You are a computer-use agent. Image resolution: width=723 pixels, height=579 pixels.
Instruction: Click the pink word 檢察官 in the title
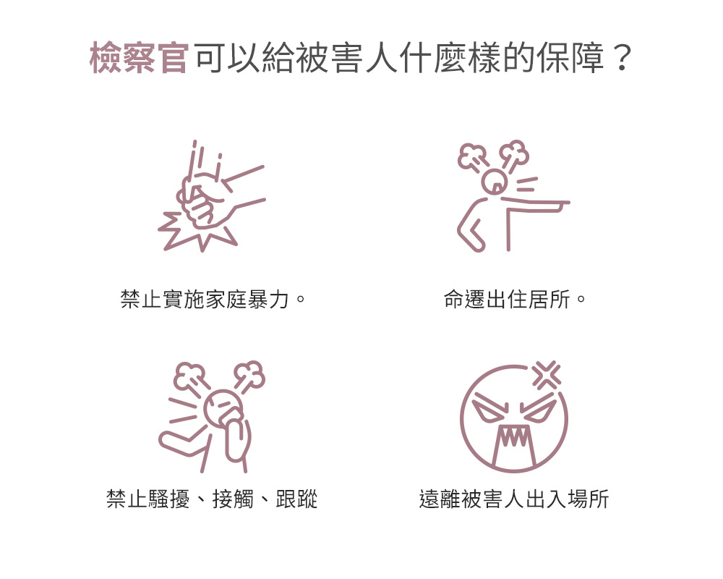pos(139,58)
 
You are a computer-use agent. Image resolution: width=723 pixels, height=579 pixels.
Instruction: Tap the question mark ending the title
pos(623,58)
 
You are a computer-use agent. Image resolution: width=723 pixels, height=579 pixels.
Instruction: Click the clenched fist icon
pos(203,203)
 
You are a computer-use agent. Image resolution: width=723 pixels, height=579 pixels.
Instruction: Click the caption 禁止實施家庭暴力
pos(205,299)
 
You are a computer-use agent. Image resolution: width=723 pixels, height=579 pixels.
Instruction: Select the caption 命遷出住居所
pos(508,299)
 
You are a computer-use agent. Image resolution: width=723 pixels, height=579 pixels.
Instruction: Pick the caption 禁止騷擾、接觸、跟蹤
pos(212,499)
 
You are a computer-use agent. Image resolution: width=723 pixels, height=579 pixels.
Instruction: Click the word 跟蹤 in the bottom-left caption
pos(297,499)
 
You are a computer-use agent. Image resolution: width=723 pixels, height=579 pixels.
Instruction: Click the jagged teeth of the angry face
pos(513,436)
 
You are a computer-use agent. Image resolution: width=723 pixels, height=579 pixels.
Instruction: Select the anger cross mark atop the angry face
pos(547,374)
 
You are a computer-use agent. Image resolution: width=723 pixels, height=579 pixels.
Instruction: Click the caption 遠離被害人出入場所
pos(514,499)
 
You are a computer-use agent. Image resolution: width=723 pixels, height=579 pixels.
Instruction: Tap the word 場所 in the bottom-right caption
pos(589,499)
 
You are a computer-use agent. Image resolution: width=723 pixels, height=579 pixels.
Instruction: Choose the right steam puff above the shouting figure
pos(249,374)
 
